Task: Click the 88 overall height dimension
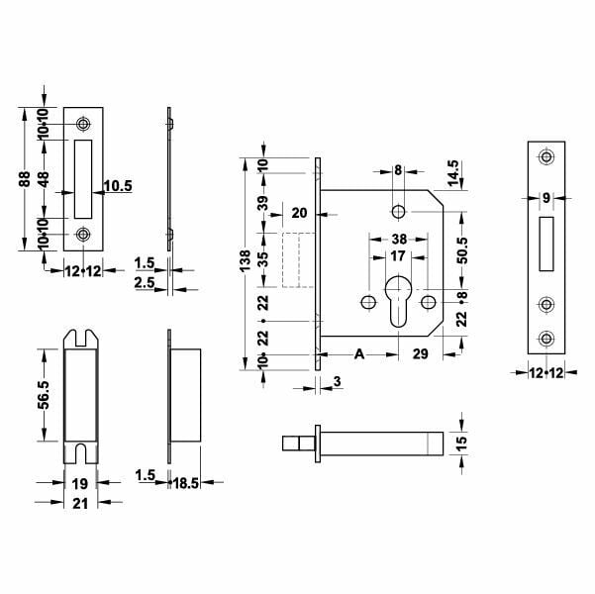24,177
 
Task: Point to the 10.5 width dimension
117,185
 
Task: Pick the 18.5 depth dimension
184,484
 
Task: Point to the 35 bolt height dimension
263,261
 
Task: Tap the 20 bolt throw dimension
299,212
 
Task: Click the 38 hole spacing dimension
399,239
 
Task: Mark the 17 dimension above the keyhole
396,255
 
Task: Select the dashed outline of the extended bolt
294,260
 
